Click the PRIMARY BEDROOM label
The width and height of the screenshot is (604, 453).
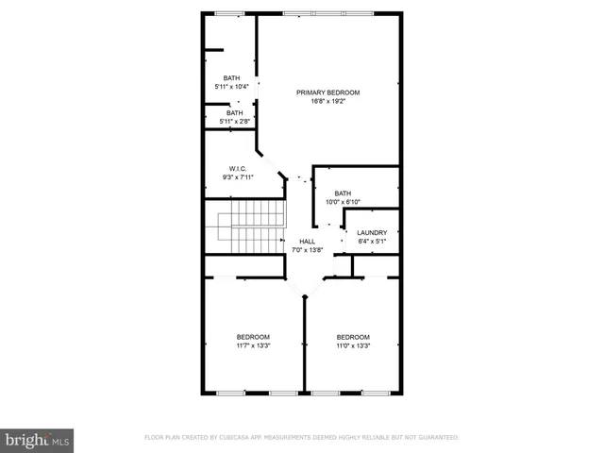click(327, 92)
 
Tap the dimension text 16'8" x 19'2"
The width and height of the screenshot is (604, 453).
click(327, 102)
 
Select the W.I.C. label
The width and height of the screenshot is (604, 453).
click(237, 169)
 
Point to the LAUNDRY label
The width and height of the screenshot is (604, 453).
click(372, 232)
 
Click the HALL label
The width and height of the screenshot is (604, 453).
click(307, 241)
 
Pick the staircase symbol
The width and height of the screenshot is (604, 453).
click(254, 226)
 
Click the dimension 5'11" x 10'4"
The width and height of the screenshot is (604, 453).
click(232, 88)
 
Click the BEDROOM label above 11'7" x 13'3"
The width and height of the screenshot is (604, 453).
click(253, 337)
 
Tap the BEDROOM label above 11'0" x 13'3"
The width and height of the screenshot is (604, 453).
click(353, 337)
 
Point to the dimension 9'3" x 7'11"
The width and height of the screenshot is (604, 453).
click(237, 178)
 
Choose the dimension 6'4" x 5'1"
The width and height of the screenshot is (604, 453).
click(372, 242)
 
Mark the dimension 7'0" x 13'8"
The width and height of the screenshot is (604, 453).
click(307, 250)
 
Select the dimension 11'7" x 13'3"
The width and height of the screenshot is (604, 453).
click(253, 346)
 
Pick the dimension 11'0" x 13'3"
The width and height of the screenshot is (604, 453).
click(353, 346)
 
